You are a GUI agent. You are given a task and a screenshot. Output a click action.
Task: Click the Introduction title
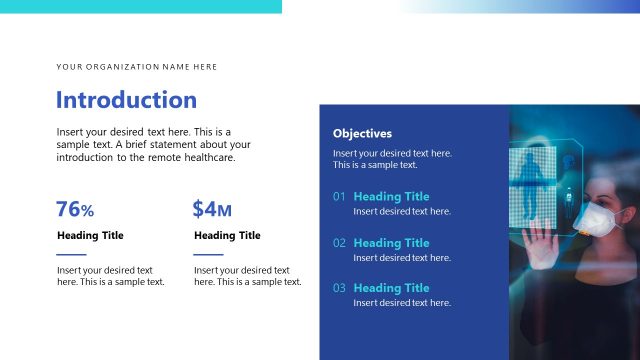[x=126, y=100]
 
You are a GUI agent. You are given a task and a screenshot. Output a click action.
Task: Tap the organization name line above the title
[x=137, y=67]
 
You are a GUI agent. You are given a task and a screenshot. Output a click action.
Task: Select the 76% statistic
[x=75, y=209]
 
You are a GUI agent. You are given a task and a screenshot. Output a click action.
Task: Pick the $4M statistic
[x=212, y=209]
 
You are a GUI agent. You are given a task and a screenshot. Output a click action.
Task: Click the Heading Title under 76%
[x=90, y=236]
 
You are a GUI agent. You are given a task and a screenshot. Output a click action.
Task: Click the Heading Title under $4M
[x=227, y=236]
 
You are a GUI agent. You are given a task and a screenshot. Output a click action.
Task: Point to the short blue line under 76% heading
[x=72, y=254]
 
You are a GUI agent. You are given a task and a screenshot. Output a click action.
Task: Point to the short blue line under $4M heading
[x=208, y=254]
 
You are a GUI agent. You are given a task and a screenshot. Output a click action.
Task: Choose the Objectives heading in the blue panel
[x=362, y=133]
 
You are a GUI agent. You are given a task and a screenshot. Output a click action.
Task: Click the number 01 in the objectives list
[x=340, y=197]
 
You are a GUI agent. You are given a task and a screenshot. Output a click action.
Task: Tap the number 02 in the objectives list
[x=340, y=243]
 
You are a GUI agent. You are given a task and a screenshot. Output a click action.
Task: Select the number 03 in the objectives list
[x=340, y=288]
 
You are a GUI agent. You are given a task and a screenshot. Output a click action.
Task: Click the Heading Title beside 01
[x=391, y=197]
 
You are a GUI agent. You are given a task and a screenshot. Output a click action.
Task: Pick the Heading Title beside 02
[x=391, y=243]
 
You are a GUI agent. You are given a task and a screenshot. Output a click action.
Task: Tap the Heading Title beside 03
[x=391, y=288]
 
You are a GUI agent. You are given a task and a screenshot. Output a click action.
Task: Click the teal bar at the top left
[x=140, y=6]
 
